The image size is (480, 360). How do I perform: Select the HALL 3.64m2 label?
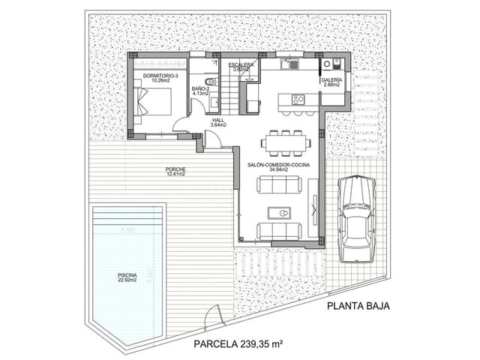pos(218,122)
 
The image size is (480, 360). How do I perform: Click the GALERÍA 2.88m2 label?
pos(331,82)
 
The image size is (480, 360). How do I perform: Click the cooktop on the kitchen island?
pos(297,99)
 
